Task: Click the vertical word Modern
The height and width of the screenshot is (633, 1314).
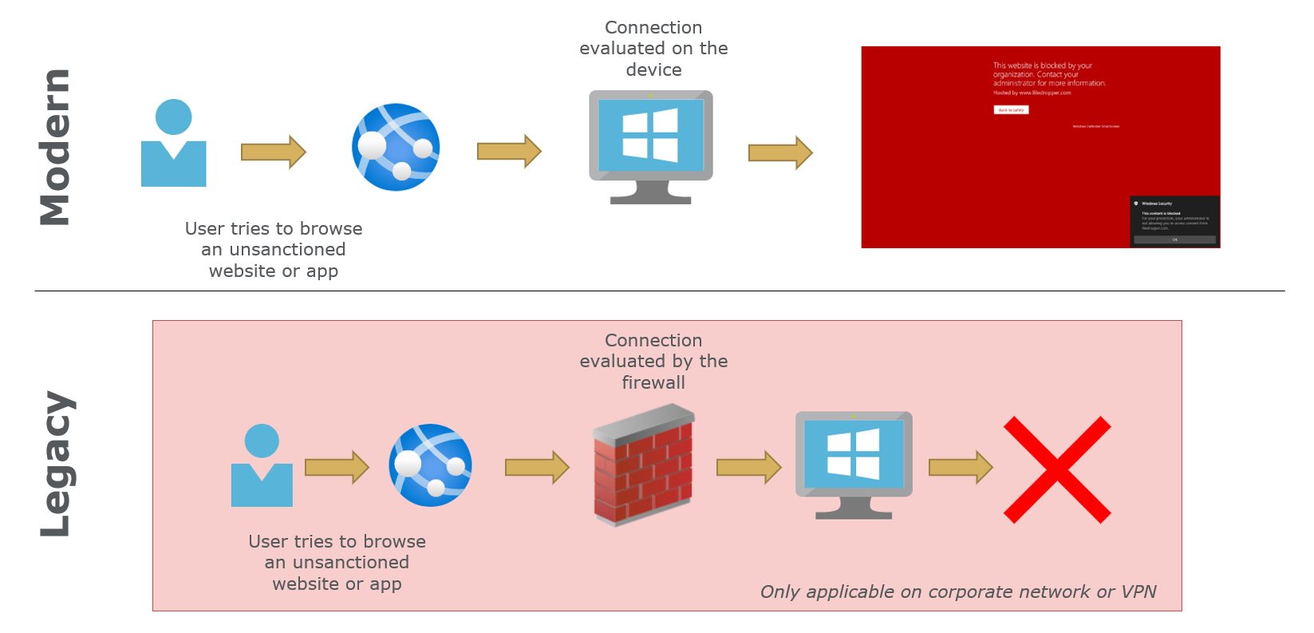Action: click(55, 148)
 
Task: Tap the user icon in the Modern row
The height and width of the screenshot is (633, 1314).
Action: click(173, 144)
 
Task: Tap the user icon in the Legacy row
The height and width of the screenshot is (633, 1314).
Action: click(262, 466)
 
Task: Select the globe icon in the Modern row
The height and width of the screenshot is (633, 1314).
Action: click(396, 148)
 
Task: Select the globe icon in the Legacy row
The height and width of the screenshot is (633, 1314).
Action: click(431, 465)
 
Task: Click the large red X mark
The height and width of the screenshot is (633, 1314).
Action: click(1057, 469)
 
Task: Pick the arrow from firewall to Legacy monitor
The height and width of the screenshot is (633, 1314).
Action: click(748, 468)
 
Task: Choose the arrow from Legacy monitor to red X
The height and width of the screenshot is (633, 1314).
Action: click(961, 468)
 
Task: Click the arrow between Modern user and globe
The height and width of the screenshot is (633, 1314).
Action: click(274, 152)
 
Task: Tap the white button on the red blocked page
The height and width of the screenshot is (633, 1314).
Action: click(1011, 110)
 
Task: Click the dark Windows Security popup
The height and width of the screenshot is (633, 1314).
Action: click(1174, 221)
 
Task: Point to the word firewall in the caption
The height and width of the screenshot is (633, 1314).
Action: click(653, 383)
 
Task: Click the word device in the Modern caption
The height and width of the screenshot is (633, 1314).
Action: click(653, 70)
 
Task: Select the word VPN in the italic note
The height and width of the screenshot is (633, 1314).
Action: click(1138, 592)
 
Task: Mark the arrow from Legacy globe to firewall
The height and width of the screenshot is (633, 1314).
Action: click(537, 468)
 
